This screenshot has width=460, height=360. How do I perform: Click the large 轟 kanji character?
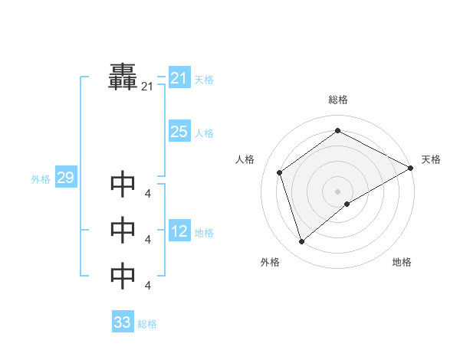coord(123,77)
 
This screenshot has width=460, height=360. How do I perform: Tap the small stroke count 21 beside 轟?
coord(147,88)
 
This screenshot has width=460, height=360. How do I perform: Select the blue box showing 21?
coord(179,78)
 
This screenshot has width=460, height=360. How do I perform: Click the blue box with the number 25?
coord(179,132)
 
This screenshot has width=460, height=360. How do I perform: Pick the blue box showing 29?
coord(65,178)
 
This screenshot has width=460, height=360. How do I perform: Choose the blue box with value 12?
coord(179,231)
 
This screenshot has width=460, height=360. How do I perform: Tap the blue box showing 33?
coord(123,322)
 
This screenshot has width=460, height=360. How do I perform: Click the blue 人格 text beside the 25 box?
coord(204,133)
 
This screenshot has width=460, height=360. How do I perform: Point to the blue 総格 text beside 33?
coord(147,324)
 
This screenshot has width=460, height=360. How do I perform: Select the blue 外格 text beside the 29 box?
coord(41,179)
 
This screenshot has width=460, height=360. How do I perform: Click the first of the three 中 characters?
coord(123,185)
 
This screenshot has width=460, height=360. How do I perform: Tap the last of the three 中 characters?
coord(123,277)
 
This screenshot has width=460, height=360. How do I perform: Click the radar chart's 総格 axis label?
coord(338,100)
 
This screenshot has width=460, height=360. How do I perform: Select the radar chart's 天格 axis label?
coord(431,159)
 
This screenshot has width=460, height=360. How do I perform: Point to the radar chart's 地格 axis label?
coord(402,263)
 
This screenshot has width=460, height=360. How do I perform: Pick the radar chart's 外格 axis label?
coord(270,263)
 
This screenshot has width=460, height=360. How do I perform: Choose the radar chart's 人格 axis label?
coord(245,159)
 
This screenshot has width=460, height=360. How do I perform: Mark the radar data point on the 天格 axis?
coord(411,168)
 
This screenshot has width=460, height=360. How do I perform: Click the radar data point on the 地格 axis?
coord(347,204)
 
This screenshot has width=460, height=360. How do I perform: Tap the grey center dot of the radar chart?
coord(337,191)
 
